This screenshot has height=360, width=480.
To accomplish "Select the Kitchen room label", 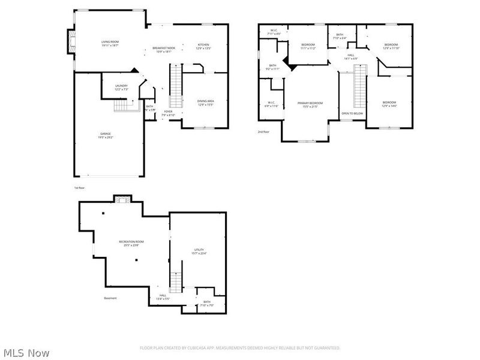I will point(204,46).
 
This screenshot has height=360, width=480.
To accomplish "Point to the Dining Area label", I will point(206,102).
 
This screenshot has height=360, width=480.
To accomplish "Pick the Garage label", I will point(105,135).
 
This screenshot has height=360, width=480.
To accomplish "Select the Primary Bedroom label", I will point(310,104).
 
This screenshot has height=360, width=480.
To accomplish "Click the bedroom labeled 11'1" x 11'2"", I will point(308,46).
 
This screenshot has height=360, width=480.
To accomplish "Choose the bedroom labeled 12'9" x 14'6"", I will point(389,104).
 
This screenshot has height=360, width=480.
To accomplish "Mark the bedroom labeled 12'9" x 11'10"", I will point(391,46).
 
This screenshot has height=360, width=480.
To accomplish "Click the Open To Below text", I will point(352,113).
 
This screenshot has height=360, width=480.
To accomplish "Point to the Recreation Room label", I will point(134,243).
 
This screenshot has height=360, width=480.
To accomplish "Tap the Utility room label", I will point(199,251).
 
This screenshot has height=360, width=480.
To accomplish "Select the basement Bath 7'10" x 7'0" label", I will point(207,303).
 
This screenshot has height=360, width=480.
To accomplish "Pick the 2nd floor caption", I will point(263,131).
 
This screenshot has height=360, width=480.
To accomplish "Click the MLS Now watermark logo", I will point(26,353).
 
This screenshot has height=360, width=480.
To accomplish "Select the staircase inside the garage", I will point(122,106).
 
